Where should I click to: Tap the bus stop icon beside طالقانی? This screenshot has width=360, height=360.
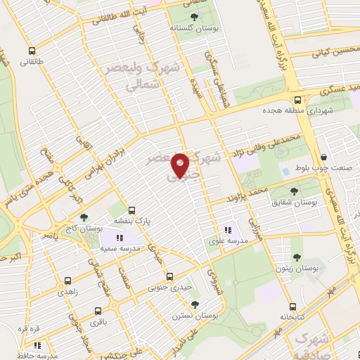(x=32, y=51)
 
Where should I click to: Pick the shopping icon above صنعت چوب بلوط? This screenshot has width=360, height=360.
(x=323, y=157)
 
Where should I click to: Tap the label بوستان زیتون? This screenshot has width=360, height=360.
(x=307, y=269)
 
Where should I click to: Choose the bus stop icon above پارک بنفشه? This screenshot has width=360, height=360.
(x=131, y=210)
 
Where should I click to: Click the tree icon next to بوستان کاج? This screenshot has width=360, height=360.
(x=84, y=218)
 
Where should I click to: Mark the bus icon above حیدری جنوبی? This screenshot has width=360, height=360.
(x=167, y=275)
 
